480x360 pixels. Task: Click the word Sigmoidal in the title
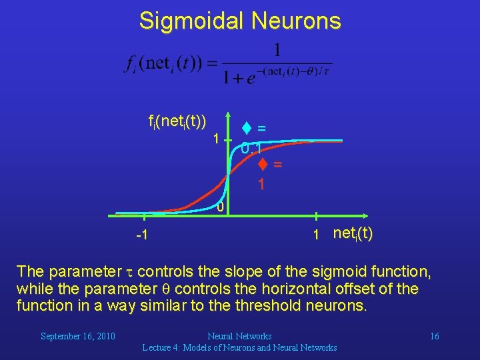pos(191,21)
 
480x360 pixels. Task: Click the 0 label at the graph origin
pos(219,208)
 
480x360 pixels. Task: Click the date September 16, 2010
pos(78,336)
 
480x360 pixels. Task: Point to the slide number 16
pos(434,336)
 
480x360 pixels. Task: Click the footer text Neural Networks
pos(239,336)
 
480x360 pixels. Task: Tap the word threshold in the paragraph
pos(279,306)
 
